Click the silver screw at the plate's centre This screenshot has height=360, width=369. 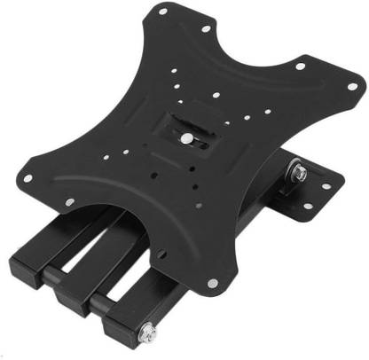[185, 138]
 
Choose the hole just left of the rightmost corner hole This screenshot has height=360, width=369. [299, 66]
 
